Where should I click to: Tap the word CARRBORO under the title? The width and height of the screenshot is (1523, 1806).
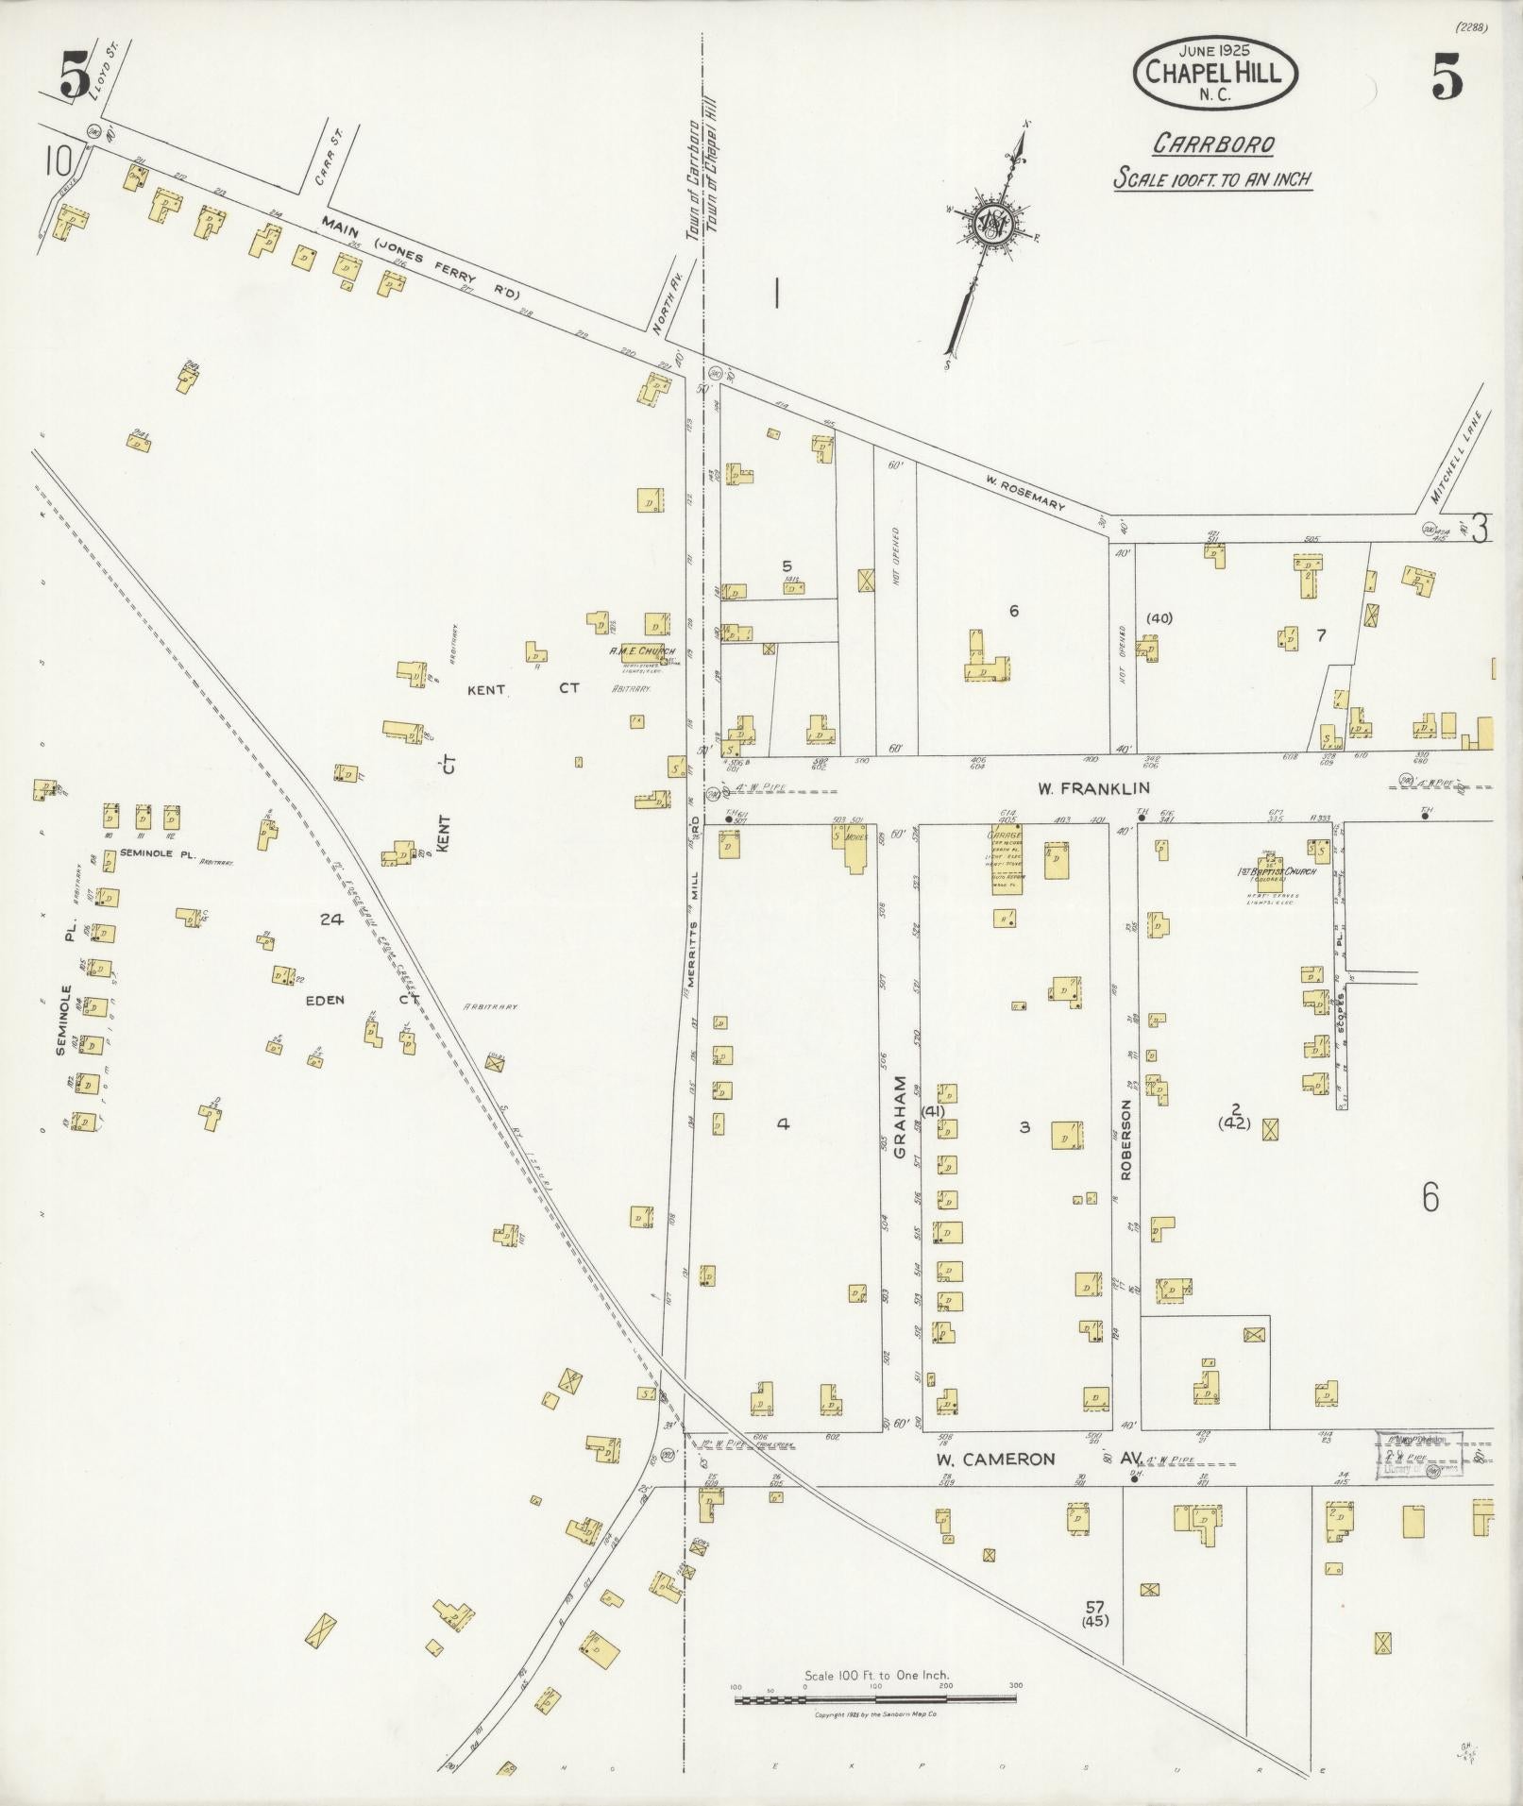click(1213, 144)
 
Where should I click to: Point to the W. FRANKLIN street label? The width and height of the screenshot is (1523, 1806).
click(1079, 787)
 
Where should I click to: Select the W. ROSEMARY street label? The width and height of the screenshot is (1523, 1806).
click(1024, 493)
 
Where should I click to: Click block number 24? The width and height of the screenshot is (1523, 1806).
click(330, 919)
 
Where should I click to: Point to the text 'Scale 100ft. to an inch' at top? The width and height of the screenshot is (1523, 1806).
click(1213, 177)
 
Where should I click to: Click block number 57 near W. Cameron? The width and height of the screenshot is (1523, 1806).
click(1094, 1606)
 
